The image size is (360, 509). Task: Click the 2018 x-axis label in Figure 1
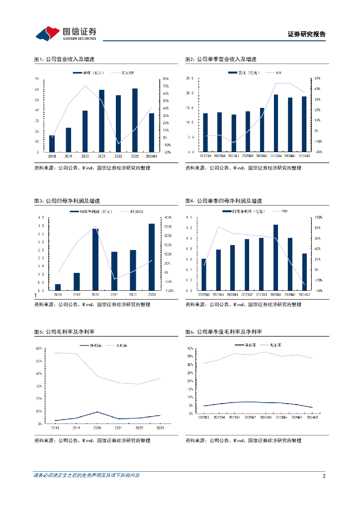coord(52,156)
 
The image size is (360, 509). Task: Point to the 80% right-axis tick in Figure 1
coord(166,79)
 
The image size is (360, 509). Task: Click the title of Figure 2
coord(221,59)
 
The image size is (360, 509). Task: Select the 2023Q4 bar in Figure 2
coord(276,123)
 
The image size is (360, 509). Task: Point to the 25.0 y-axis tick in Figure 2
coord(189,79)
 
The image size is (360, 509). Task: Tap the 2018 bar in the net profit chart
coord(58,287)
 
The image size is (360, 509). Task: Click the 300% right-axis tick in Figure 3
coord(169,218)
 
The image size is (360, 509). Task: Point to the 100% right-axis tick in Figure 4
coord(318,218)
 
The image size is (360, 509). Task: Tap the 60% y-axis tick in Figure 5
coord(39,348)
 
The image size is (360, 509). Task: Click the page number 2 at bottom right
coord(324,476)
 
